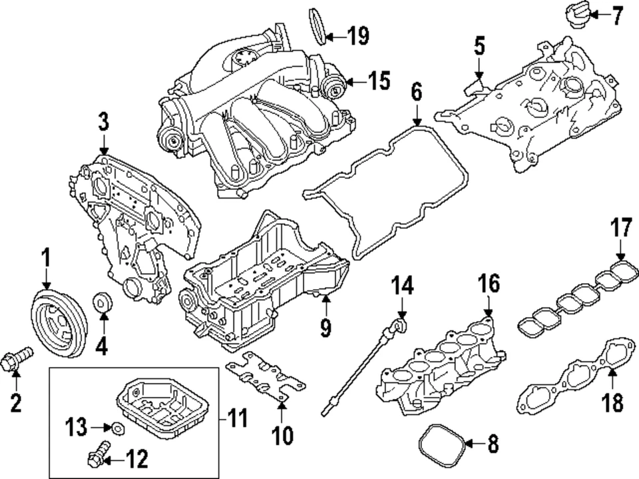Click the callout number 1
coord(45,256)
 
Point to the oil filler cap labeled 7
coord(576,14)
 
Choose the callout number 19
coord(358,36)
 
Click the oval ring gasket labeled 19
coord(320,25)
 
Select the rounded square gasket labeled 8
coord(440,443)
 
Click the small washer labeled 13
coord(117,427)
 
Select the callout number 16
coord(487,284)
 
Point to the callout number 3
coord(103,123)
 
